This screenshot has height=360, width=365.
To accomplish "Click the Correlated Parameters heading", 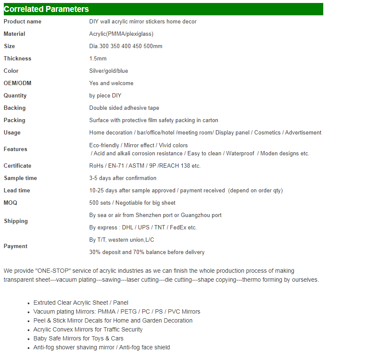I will (46, 9).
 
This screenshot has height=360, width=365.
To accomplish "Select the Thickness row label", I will (17, 58).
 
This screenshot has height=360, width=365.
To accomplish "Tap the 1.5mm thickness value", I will (98, 58).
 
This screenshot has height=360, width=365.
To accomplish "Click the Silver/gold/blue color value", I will (109, 71).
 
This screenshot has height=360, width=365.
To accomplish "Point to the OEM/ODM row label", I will (17, 83).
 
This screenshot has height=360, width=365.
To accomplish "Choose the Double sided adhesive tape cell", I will (124, 108).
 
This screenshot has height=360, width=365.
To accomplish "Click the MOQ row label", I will (11, 203).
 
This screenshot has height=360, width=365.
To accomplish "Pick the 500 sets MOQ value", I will (101, 203).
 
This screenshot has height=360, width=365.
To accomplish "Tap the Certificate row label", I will (17, 166).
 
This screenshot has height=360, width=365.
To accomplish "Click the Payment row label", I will (15, 246).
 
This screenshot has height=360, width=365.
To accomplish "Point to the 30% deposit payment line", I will (147, 252).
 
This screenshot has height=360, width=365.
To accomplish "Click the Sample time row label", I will (20, 178).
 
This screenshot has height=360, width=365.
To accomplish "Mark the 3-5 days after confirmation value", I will (123, 178).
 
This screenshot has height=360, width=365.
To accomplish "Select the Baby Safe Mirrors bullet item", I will (78, 338).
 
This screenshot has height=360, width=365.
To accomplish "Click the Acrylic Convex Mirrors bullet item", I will (88, 329).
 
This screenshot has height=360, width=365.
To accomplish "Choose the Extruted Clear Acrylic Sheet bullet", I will (81, 303).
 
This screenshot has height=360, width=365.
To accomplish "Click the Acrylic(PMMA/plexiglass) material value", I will (121, 34).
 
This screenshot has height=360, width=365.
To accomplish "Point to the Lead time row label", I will (17, 190).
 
